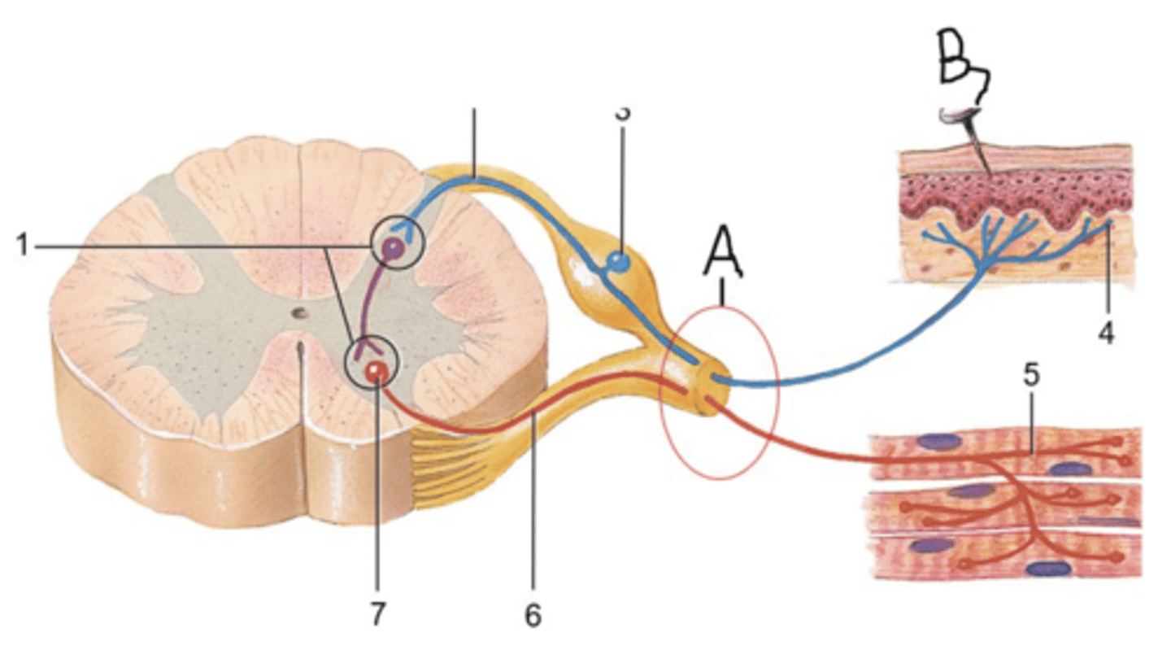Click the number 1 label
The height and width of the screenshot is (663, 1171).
(23, 245)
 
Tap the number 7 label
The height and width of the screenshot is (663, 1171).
(377, 615)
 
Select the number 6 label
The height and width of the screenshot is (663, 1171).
(532, 615)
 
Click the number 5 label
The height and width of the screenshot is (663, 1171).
(1031, 376)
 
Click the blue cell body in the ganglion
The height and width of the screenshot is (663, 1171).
(620, 262)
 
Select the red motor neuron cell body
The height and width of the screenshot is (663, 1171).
(375, 372)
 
